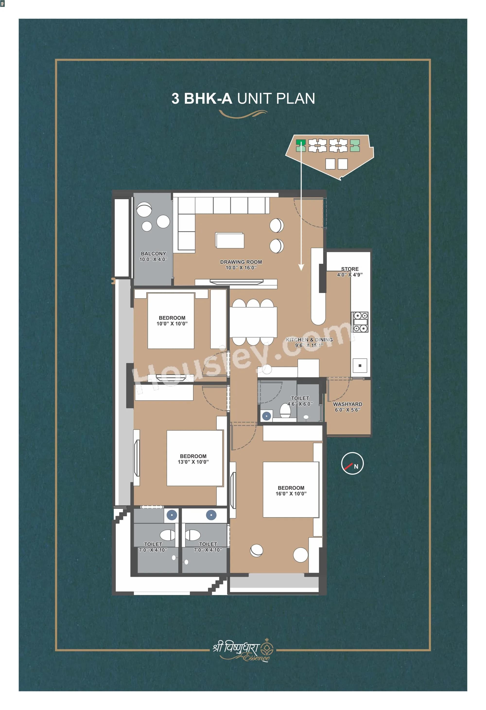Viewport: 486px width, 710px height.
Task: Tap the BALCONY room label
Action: [153, 256]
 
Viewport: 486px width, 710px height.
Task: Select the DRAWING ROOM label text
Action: [241, 265]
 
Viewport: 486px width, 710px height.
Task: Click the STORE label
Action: [350, 272]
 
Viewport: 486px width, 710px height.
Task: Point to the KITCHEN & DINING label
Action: [309, 342]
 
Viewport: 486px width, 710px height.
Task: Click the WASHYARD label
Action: [347, 407]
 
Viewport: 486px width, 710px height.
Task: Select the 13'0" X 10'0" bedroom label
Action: [193, 459]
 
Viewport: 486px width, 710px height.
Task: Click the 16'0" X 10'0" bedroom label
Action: [291, 491]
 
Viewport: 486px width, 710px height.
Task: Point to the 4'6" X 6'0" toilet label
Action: [300, 401]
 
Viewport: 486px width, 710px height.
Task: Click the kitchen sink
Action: [360, 365]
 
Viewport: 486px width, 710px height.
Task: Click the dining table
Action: [253, 322]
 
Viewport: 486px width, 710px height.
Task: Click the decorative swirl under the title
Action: [243, 114]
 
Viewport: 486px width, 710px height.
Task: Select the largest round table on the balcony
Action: [144, 210]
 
